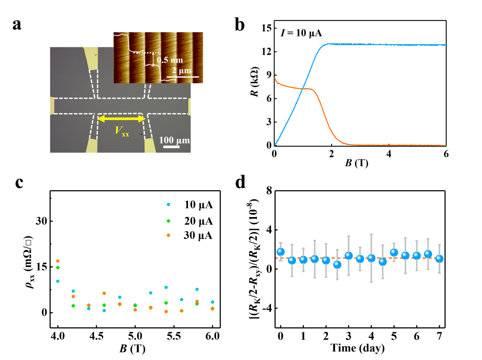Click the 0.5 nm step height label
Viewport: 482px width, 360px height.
170,60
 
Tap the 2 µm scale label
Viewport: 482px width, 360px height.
181,70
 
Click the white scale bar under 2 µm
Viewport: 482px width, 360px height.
183,77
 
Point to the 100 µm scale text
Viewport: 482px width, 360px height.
174,140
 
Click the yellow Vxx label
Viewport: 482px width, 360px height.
121,131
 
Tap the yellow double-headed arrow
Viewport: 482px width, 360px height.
122,119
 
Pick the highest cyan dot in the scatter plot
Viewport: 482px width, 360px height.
168,205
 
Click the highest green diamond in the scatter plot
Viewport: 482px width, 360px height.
168,221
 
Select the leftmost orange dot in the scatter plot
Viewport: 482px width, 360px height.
58,261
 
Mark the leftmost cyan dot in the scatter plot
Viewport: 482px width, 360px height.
58,281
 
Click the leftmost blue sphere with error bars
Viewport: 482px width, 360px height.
280,251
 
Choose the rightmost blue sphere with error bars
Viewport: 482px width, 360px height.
440,258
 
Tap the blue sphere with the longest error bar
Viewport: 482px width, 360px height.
371,258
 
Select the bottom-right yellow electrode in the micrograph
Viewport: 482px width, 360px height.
150,145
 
